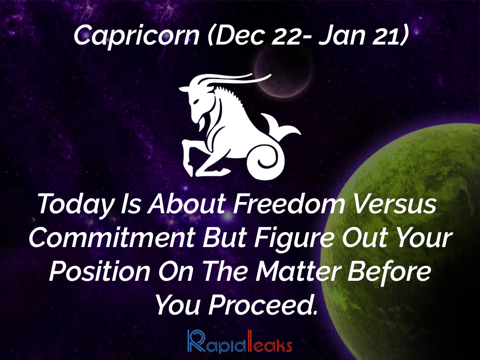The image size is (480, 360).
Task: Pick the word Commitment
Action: [112, 238]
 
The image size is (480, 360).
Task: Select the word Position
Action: [100, 271]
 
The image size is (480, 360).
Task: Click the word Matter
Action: [298, 271]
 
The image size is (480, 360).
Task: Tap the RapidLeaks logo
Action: [240, 341]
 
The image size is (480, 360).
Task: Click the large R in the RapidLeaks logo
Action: [196, 341]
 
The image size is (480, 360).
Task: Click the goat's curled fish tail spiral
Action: [267, 161]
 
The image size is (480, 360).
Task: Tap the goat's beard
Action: [202, 122]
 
